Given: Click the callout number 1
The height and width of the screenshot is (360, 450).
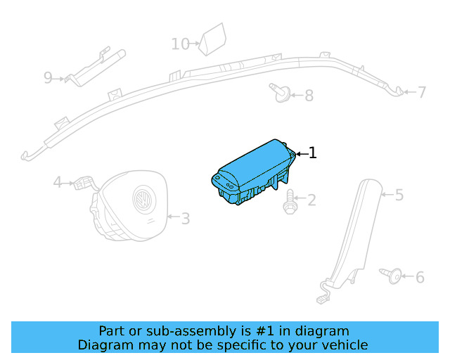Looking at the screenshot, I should click(x=313, y=153).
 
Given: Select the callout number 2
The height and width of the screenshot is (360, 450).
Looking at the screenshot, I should click(x=311, y=201).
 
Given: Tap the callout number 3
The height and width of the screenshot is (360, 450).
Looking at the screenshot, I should click(x=185, y=219).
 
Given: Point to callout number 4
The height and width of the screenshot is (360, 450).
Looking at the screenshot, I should click(x=58, y=183).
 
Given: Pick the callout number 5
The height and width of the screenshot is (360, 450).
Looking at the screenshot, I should click(x=399, y=195).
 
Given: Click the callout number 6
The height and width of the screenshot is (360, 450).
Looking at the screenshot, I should click(x=420, y=278).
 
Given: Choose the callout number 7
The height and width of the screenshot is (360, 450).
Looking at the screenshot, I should click(x=422, y=92).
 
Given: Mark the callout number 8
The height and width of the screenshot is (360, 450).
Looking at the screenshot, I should click(x=309, y=95).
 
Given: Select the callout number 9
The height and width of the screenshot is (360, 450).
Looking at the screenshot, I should click(x=48, y=77).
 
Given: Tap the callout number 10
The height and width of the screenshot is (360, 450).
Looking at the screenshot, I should click(x=180, y=44).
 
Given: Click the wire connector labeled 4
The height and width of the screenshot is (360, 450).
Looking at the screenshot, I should click(x=84, y=183).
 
